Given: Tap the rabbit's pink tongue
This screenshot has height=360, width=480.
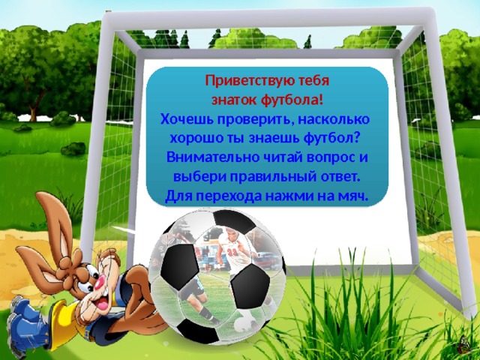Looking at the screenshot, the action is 103,304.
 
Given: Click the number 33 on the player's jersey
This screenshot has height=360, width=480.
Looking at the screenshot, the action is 233,252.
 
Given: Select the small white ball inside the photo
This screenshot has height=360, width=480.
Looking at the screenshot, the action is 244,324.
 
